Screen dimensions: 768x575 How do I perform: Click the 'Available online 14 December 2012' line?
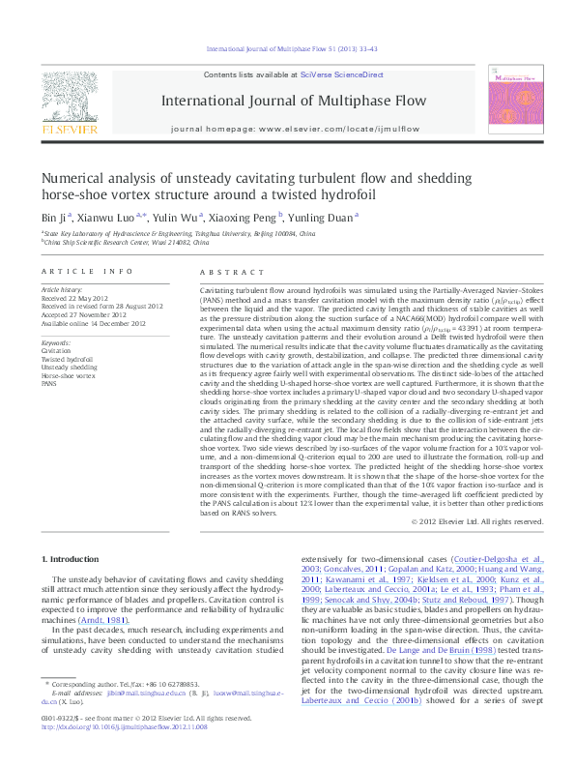coord(93,322)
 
